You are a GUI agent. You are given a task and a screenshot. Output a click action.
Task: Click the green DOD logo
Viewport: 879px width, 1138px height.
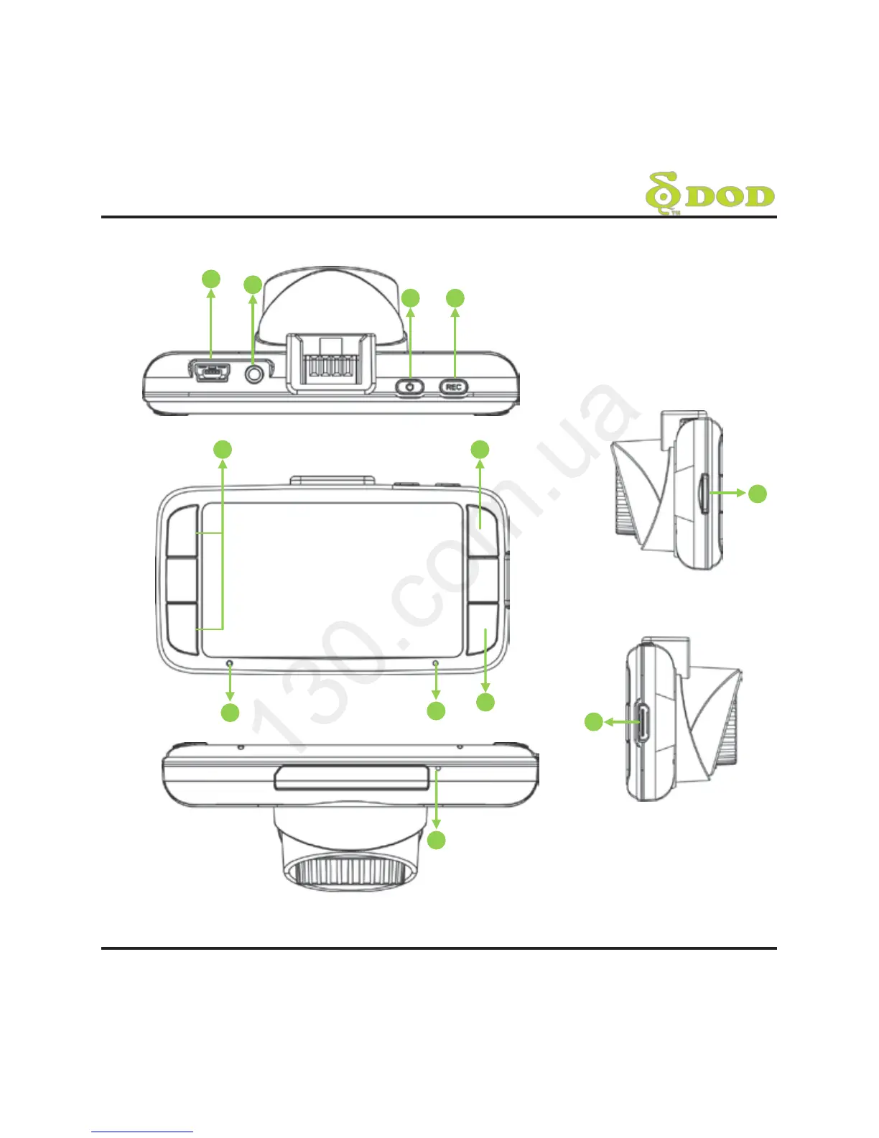710,194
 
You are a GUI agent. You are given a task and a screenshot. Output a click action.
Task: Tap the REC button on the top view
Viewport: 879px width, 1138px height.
453,387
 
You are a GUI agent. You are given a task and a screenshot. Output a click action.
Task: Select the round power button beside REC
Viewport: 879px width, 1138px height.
410,387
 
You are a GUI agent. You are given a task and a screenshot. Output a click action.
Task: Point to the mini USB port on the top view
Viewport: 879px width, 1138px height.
210,372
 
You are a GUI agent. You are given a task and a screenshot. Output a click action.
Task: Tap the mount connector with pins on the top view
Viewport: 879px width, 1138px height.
331,363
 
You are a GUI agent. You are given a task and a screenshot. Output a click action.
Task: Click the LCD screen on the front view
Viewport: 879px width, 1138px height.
331,579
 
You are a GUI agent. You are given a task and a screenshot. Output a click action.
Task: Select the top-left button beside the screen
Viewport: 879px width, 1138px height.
182,531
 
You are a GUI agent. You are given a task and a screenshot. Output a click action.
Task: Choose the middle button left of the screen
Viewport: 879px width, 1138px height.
182,579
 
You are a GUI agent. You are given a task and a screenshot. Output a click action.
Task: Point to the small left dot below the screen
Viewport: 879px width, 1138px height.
229,663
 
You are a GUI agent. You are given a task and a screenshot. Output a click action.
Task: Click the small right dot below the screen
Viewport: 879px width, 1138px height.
435,663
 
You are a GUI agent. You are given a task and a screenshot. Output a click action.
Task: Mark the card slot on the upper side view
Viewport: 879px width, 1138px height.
704,493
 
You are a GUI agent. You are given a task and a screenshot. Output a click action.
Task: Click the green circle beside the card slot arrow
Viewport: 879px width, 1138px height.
758,494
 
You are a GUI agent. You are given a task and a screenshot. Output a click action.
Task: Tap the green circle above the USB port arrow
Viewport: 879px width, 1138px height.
210,279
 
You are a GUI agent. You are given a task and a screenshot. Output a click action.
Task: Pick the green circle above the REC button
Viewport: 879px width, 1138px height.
455,298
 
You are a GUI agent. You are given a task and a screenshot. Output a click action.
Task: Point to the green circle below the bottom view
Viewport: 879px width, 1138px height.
437,840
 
